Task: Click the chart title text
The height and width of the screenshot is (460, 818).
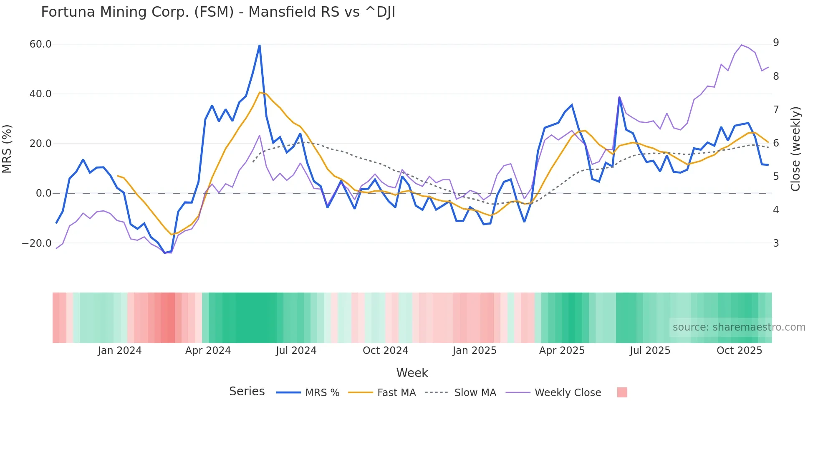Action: (218, 12)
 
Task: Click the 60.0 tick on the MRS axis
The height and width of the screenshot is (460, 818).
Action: (40, 44)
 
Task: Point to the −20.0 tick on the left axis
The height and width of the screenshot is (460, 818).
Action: (37, 243)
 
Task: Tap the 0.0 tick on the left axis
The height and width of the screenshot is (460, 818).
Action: (44, 193)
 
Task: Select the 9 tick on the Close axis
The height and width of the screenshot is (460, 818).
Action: (776, 43)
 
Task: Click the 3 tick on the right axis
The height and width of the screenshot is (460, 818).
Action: (776, 243)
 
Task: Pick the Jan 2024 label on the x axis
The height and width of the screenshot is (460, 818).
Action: (120, 351)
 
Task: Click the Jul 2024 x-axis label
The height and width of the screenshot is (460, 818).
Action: (296, 351)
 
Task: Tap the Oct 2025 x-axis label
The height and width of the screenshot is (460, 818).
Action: (739, 351)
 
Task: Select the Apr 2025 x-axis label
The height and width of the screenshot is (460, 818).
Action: (562, 351)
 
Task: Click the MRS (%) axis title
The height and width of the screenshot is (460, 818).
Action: (7, 149)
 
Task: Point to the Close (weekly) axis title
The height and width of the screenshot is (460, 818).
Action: (796, 149)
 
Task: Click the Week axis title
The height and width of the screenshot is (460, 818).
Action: (412, 373)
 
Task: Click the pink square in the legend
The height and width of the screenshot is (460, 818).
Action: (622, 392)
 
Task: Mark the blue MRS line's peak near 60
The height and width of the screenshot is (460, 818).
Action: (260, 45)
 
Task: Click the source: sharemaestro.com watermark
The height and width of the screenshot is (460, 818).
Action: (739, 327)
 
